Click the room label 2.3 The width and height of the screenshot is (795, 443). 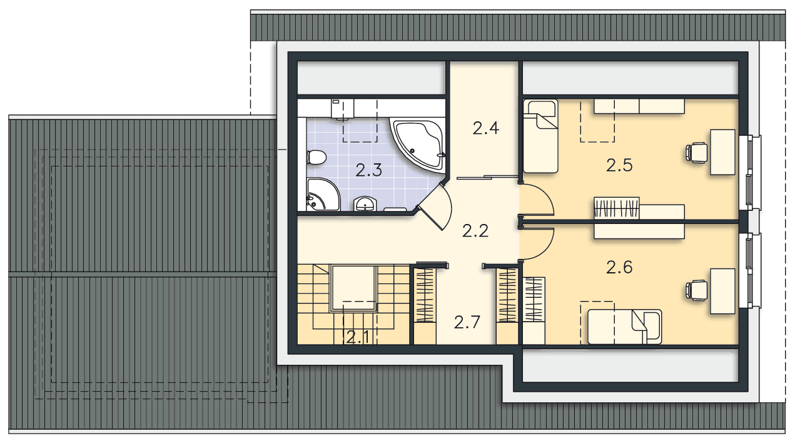click(369, 170)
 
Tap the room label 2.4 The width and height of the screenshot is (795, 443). click(486, 128)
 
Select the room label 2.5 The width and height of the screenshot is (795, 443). click(619, 165)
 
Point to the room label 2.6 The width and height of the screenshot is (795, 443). click(619, 267)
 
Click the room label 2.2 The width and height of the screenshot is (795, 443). click(475, 231)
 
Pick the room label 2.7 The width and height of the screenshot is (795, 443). click(467, 322)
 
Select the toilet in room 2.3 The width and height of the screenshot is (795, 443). click(316, 157)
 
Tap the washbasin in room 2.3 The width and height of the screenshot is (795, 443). click(365, 204)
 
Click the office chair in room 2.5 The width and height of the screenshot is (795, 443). click(696, 153)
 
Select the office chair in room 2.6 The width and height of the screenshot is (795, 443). click(696, 290)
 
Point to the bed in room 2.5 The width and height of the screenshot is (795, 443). click(540, 136)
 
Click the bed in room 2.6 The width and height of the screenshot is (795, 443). click(625, 327)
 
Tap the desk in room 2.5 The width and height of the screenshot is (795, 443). click(722, 152)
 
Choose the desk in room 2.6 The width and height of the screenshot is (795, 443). click(722, 291)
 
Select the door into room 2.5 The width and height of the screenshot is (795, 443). click(537, 200)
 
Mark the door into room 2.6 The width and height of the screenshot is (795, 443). click(537, 243)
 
